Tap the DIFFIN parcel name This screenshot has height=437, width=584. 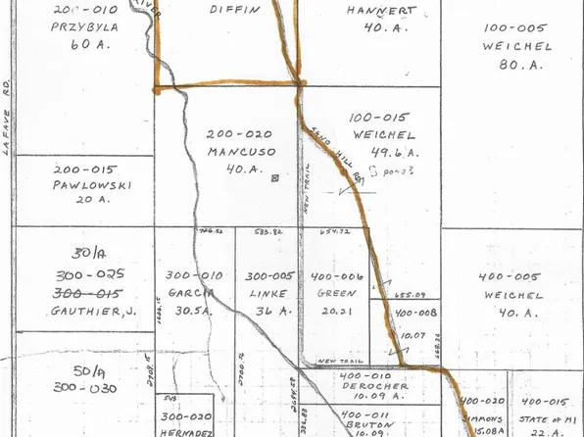(236, 9)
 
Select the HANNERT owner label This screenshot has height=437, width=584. (381, 13)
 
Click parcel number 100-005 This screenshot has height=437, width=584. (517, 29)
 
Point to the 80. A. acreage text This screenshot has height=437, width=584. (518, 67)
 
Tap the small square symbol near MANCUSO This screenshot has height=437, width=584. (275, 178)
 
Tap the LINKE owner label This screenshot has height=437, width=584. (268, 294)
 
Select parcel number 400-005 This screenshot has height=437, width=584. (510, 277)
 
